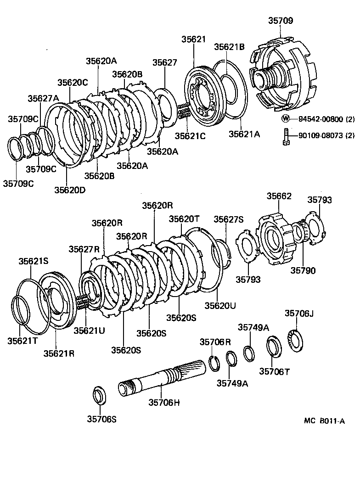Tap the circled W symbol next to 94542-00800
point(286,118)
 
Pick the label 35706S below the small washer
point(101,419)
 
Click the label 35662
point(279,196)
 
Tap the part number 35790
point(303,270)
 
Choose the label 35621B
point(229,47)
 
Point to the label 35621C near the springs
point(190,135)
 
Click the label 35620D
point(69,189)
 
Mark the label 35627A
point(43,98)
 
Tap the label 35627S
point(228,219)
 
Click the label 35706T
point(274,371)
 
